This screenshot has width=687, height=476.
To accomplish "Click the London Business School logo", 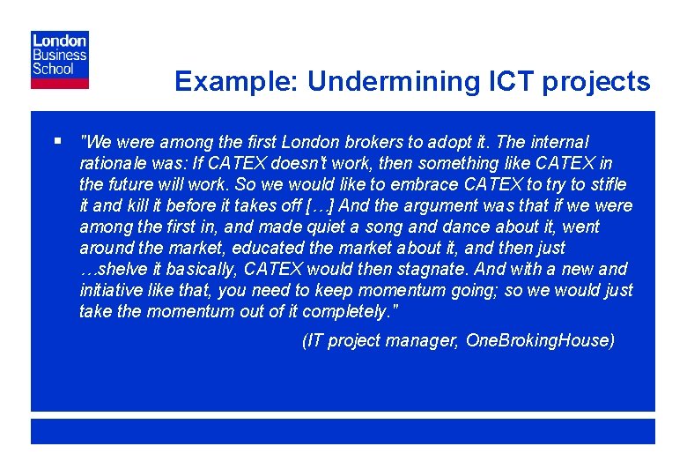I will point(60,59).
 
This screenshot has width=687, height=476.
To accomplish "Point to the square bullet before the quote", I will point(57,140).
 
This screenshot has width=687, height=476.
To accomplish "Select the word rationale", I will point(113,163).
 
